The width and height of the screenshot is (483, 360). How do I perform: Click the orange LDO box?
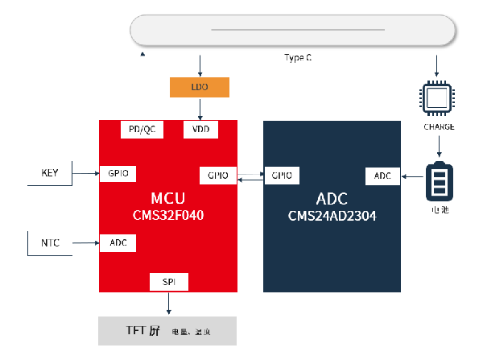point(200,87)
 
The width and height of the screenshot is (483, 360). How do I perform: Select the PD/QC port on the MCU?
point(142,130)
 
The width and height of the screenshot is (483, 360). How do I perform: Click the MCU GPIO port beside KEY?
point(118,172)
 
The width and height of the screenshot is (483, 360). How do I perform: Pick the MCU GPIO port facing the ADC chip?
point(217,175)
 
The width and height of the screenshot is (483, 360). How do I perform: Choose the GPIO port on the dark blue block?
point(282,175)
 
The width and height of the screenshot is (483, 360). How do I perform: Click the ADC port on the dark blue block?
point(382,175)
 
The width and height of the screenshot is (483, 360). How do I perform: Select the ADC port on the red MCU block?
point(118,242)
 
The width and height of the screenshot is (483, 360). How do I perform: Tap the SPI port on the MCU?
point(168,281)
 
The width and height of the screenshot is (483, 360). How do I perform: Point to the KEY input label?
point(50,172)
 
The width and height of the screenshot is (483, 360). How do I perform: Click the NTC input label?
point(50,242)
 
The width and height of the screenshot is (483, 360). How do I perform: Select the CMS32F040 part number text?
point(168,216)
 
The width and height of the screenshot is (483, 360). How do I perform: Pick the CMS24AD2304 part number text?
point(332,216)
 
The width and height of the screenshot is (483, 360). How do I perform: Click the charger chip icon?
point(438,99)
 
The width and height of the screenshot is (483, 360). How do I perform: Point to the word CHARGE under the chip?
point(439,126)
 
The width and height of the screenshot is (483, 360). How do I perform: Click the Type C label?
point(298,58)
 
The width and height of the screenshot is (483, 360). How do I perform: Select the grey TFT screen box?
point(167,331)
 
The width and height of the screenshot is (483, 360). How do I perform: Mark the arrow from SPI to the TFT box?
point(168,304)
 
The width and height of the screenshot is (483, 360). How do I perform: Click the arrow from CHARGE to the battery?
point(439,146)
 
